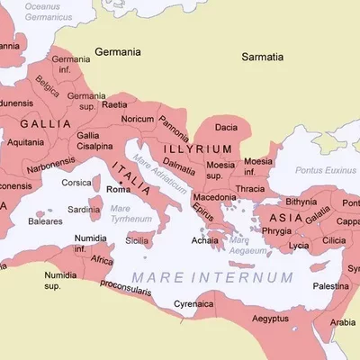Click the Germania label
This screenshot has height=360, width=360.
[x=118, y=52]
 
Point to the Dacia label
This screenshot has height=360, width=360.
[x=226, y=128]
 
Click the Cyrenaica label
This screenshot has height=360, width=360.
[x=193, y=304]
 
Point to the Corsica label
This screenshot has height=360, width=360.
[x=76, y=183]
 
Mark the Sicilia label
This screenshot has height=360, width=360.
[x=137, y=240]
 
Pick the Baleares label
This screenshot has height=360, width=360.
[x=46, y=220]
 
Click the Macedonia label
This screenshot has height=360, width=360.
[x=215, y=196]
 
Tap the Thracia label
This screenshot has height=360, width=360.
[x=250, y=189]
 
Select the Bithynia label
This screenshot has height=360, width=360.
[x=301, y=202]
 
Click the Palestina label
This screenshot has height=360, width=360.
[x=331, y=285]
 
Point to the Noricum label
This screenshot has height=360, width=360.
[x=138, y=119]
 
